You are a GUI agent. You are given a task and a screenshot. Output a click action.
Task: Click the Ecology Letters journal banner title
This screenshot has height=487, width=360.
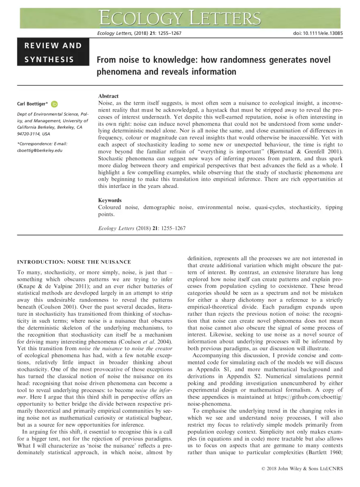coord(180,18)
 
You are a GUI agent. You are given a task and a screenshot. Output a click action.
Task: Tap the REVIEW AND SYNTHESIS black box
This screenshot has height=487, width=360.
coord(53,52)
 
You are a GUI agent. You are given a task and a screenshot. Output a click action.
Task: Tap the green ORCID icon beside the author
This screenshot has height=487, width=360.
coord(54,104)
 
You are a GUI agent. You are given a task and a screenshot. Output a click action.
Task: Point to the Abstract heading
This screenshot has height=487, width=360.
coord(108,96)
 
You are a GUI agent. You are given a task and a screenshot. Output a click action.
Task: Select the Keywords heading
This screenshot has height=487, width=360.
coord(110,200)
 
